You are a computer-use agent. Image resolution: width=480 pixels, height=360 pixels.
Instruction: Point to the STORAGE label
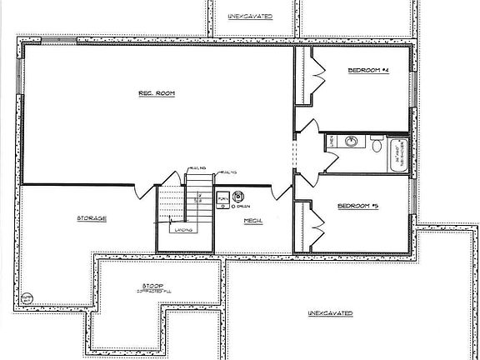click(91, 218)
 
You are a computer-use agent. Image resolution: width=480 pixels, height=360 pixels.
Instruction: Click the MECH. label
click(253, 221)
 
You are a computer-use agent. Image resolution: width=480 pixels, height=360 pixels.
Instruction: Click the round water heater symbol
click(237, 197)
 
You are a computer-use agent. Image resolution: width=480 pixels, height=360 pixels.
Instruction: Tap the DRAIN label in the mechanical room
click(245, 205)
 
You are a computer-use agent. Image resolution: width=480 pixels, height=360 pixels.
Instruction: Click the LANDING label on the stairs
click(184, 228)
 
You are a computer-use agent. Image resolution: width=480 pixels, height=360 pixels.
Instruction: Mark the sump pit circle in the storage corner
click(27, 297)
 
